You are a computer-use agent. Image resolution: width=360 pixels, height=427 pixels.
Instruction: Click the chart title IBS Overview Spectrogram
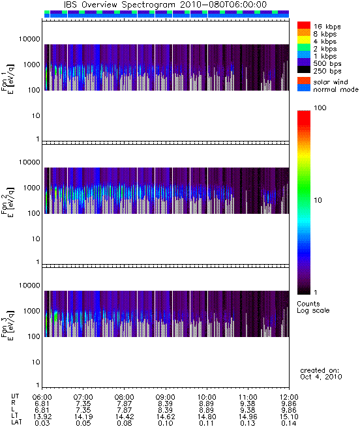[119, 5]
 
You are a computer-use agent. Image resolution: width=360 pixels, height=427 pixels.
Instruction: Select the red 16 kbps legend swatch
[304, 25]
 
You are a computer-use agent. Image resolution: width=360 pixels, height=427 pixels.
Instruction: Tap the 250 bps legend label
[327, 71]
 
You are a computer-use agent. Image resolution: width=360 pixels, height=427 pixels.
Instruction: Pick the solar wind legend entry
[331, 82]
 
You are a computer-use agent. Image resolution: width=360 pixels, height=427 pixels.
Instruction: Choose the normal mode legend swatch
[304, 88]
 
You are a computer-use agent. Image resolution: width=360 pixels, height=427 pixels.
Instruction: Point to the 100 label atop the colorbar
[320, 108]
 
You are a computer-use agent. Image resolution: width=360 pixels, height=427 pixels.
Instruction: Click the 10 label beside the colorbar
[318, 200]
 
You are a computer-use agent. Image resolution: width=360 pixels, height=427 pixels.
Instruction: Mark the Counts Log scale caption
[313, 307]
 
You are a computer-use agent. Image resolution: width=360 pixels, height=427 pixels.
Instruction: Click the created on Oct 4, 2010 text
[321, 374]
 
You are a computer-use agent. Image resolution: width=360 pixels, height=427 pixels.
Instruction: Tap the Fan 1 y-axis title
[8, 79]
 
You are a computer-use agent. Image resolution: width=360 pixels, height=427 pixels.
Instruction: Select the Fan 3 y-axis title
[8, 325]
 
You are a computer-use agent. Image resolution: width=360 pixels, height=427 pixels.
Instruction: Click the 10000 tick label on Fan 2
[29, 162]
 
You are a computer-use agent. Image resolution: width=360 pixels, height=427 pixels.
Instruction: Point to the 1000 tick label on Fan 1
[31, 65]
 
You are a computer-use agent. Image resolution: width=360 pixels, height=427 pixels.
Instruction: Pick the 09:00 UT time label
[166, 397]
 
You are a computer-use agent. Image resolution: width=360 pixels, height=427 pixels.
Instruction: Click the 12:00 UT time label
[289, 397]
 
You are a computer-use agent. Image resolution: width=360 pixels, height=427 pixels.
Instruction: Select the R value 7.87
[125, 404]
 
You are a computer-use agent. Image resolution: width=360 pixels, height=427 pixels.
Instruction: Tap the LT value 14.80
[207, 417]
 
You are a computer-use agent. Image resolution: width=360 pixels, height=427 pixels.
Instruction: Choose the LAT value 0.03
[42, 423]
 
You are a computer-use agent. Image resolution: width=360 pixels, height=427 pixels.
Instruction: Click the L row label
[13, 410]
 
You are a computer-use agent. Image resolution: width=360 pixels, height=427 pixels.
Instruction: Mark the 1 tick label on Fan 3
[38, 385]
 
